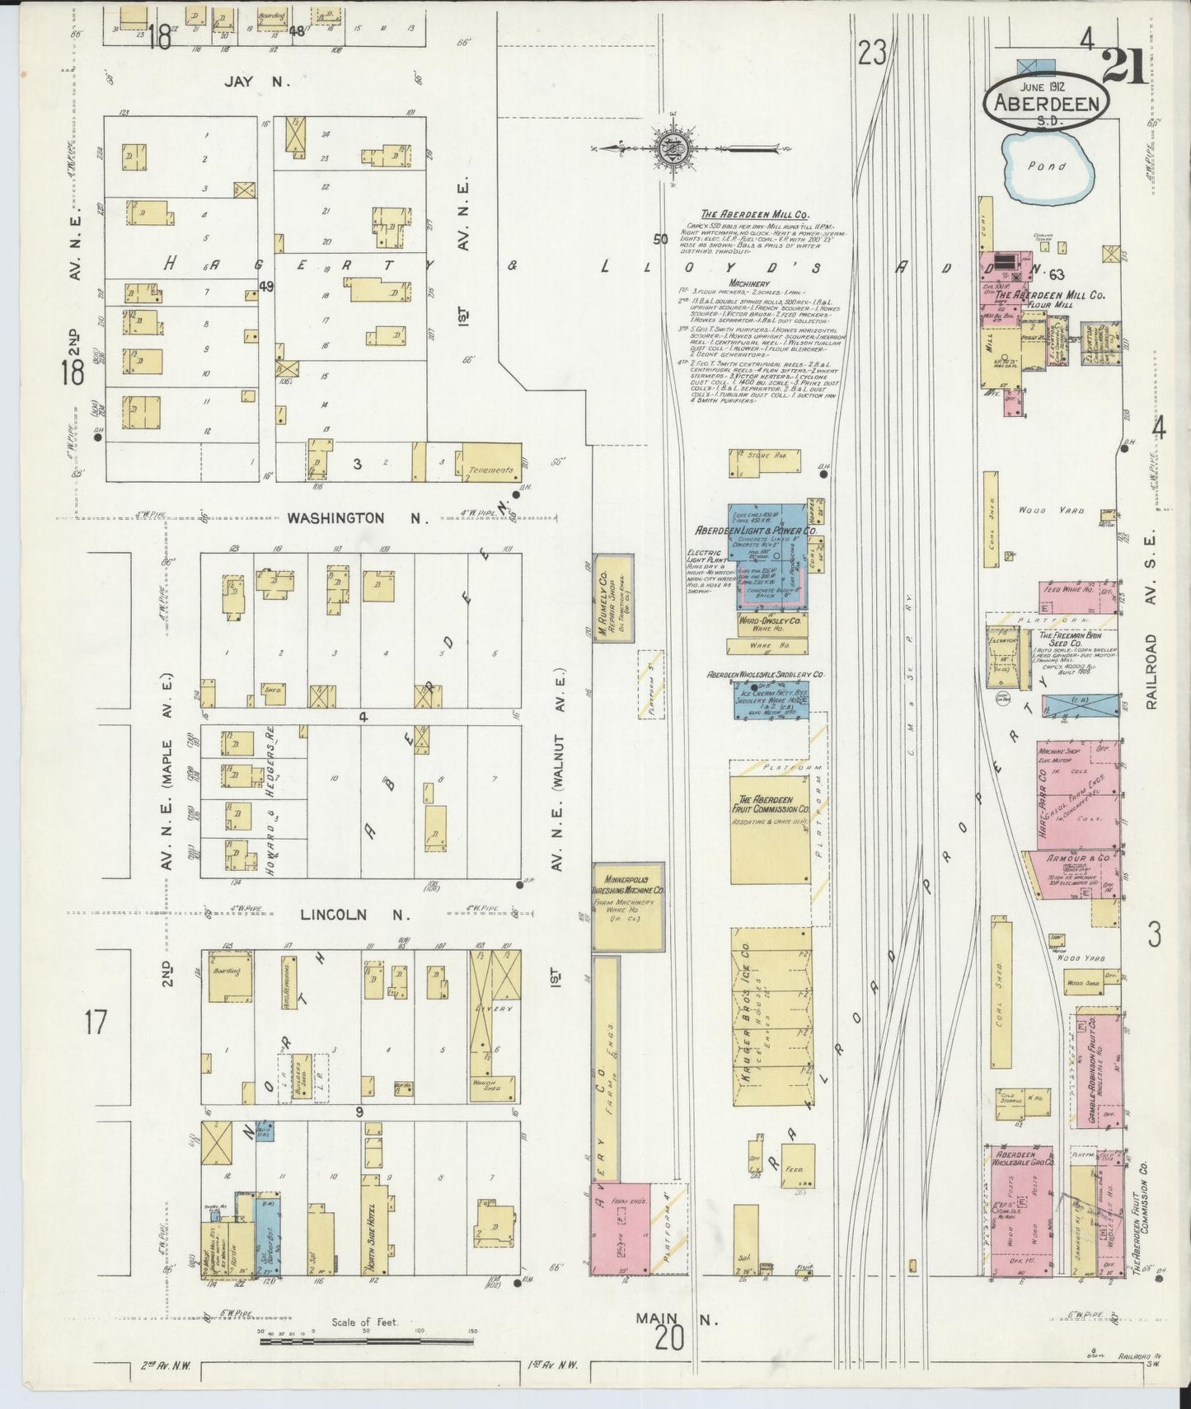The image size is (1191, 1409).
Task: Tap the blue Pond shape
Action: pyautogui.click(x=1044, y=169)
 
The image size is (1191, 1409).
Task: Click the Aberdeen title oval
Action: pyautogui.click(x=1045, y=102)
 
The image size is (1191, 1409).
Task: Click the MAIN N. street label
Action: pyautogui.click(x=677, y=1318)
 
